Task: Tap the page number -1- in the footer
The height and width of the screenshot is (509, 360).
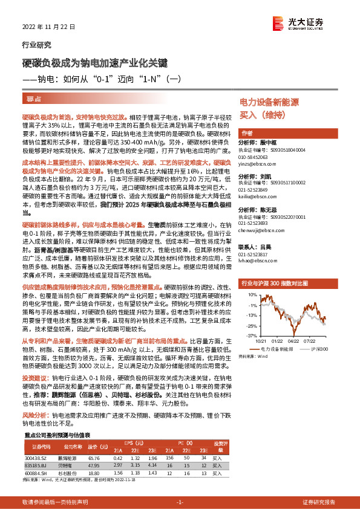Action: point(180,502)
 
